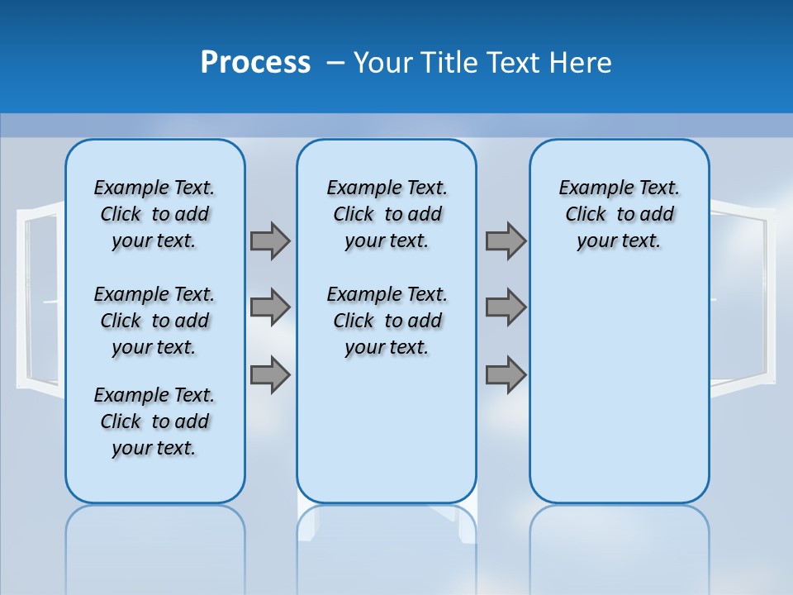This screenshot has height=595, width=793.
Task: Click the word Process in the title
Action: tap(255, 62)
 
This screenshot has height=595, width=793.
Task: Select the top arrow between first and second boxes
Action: tap(270, 240)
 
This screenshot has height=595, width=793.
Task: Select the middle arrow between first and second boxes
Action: tap(270, 307)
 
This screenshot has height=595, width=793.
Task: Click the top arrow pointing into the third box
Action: tap(506, 240)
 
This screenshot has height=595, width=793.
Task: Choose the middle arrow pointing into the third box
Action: tap(506, 307)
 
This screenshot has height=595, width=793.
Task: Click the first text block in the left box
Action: tap(154, 214)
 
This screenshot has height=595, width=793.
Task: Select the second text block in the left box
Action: tap(154, 321)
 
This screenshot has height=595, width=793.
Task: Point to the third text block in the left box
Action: tap(154, 421)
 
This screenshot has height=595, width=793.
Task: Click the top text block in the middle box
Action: tap(387, 214)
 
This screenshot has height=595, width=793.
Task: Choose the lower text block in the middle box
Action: tap(387, 321)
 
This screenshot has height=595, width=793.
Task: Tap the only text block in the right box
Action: tap(619, 214)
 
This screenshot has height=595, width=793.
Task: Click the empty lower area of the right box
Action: tap(619, 388)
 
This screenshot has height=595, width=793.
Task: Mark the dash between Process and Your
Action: tap(335, 63)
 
